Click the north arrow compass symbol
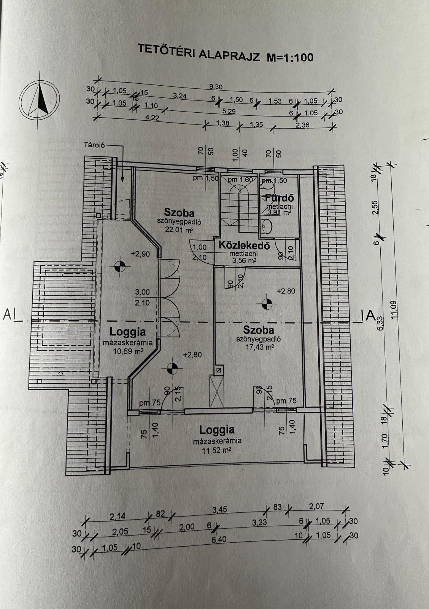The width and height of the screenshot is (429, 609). point(40,100)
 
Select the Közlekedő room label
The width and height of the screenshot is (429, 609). point(244,245)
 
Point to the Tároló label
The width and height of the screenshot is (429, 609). point(94,145)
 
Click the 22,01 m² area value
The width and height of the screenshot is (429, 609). point(179,230)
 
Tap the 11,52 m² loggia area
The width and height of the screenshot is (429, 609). point(216,451)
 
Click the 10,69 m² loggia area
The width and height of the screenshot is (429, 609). point(128,351)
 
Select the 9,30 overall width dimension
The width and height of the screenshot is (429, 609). point(216,87)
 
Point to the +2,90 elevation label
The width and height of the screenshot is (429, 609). point(140,254)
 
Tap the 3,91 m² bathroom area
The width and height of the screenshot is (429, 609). point(279,212)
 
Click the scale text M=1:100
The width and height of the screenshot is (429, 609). point(290,57)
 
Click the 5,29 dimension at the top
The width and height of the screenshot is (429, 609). point(229,112)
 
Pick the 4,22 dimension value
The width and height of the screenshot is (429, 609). point(152,118)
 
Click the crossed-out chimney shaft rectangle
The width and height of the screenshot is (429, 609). point(216,391)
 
